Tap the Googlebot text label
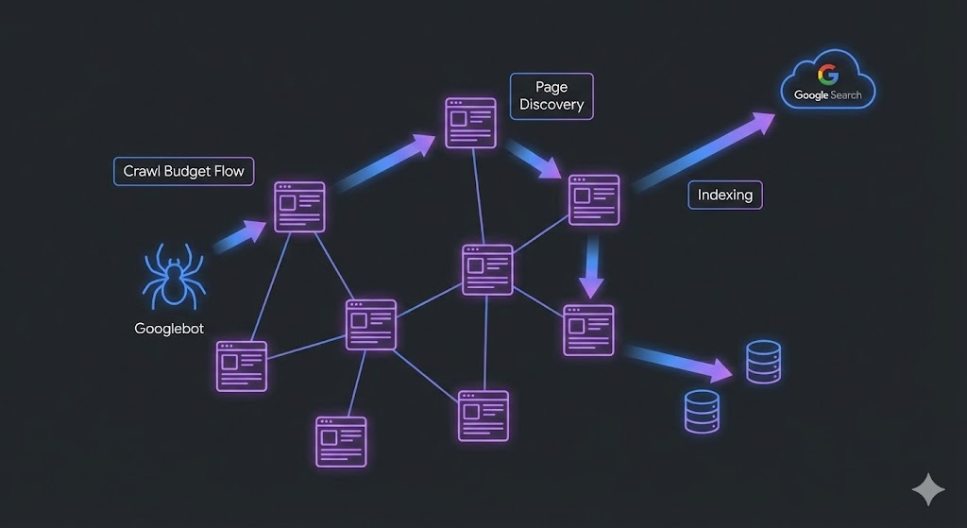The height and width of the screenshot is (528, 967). coord(169,329)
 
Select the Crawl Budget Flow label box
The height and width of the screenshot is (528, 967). coord(183,171)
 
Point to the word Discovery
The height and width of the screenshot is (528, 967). coord(551,105)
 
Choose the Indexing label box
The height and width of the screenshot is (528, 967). coord(724,195)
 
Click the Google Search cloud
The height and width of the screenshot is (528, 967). coord(827,82)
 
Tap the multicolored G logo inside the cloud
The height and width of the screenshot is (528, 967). coord(827,74)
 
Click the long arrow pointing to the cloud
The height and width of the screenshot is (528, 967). coord(703,151)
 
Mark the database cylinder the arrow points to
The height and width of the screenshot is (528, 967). coord(763,362)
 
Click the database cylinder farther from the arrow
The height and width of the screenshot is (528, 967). coord(702,412)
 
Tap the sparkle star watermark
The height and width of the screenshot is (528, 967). coord(927,489)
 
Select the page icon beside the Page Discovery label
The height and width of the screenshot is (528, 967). coord(470,123)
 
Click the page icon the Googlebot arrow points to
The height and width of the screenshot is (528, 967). coord(299,207)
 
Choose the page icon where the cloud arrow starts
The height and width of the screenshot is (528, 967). coord(594,199)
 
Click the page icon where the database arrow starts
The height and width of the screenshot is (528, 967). coord(588,330)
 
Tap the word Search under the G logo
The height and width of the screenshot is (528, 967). coord(845,95)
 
